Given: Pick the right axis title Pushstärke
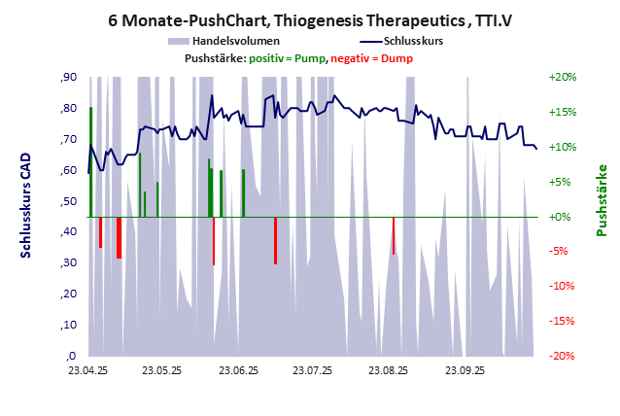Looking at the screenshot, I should [602, 201].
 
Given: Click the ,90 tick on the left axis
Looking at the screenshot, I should [68, 78].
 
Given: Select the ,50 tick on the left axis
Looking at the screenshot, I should [68, 201].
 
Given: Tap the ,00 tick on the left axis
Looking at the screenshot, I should [68, 356].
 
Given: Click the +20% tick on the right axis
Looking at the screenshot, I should [564, 78].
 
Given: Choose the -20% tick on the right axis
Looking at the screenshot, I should [564, 356].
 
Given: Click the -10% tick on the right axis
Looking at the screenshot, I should [564, 287].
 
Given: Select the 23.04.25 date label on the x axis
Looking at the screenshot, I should [87, 370].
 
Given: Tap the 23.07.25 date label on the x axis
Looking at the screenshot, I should [313, 370].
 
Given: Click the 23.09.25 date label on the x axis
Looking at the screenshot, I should [465, 370].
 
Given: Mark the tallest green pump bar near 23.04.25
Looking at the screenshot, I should [90, 161].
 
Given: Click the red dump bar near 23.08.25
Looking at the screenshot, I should [394, 235].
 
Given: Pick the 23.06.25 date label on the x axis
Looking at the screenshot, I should [238, 370].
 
